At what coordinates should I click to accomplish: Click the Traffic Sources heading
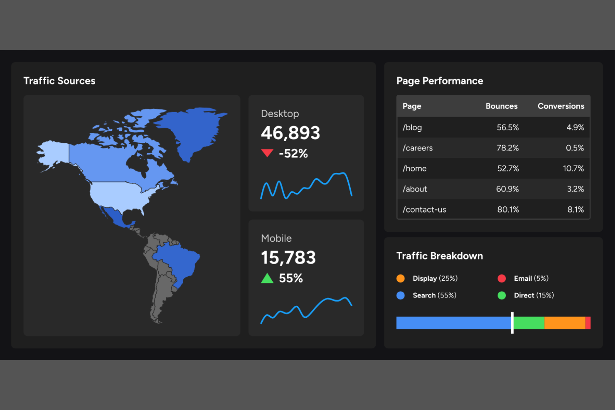point(59,81)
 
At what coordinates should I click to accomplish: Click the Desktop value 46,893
point(290,133)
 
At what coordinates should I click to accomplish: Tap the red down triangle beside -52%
point(267,153)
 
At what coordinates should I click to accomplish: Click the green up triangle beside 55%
point(267,278)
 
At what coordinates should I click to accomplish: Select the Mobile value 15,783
point(288,258)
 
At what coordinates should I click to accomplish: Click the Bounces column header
point(501,106)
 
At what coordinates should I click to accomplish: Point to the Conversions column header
point(561,106)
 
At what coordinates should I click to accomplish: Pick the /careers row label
point(418,148)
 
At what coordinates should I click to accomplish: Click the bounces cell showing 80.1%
point(508,210)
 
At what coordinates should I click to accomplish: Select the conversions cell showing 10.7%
point(573,169)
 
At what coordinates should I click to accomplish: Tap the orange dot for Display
point(401,278)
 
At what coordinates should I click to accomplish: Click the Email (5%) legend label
point(531,278)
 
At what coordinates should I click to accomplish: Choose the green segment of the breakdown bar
point(529,323)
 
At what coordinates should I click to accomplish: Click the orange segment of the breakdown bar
point(564,323)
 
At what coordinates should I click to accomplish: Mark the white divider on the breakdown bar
point(512,323)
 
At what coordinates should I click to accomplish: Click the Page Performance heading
point(440,81)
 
